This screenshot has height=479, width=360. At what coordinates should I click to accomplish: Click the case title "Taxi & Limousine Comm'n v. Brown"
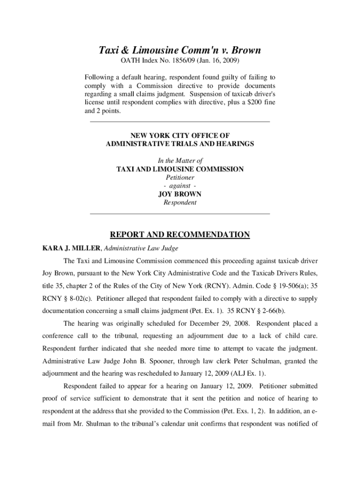[x=180, y=50]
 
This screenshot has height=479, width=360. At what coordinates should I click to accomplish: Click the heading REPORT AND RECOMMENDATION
[x=180, y=235]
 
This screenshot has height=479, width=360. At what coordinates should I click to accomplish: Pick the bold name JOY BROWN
[x=180, y=194]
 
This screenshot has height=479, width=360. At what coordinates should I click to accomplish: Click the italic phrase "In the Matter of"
[x=180, y=160]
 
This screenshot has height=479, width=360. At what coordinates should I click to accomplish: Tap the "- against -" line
[x=180, y=186]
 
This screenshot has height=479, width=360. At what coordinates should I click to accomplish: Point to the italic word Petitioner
[x=180, y=177]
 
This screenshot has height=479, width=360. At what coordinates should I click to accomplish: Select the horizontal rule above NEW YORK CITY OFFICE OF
[x=180, y=122]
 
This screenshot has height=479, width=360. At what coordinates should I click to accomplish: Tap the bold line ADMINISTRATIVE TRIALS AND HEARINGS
[x=180, y=144]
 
